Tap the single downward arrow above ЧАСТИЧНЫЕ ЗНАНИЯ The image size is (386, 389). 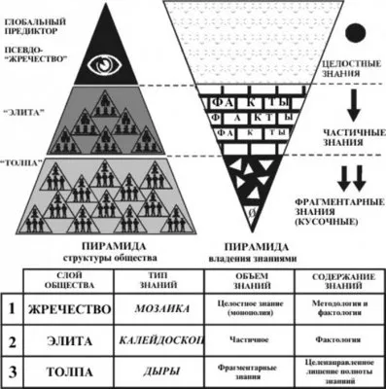click(x=354, y=102)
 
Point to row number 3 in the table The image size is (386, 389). click(x=12, y=371)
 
